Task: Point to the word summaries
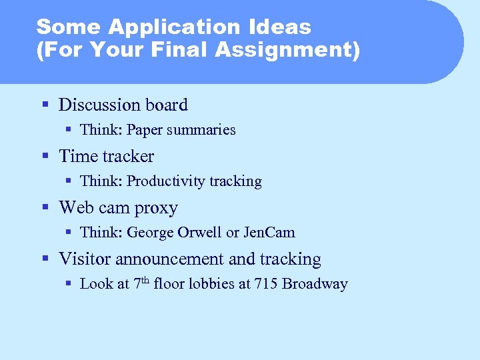click(201, 130)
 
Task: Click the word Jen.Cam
click(269, 233)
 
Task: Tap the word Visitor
click(83, 259)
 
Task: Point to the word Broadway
click(315, 284)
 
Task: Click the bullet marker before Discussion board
click(45, 105)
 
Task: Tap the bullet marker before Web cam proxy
click(45, 208)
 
